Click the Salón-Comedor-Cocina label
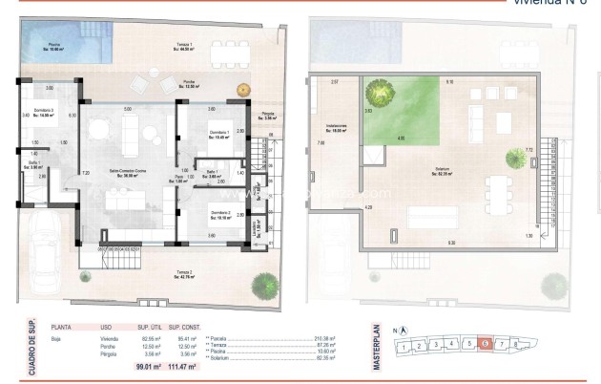126,173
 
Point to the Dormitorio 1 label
219,134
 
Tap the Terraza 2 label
183,276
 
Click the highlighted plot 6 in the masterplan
486,343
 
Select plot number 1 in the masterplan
406,345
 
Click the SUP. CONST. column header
187,326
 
